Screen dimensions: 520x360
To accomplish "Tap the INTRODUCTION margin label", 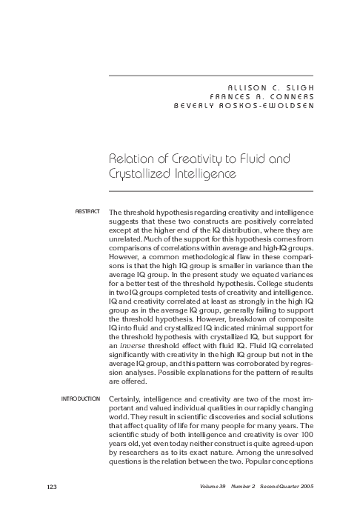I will pos(79,399).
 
